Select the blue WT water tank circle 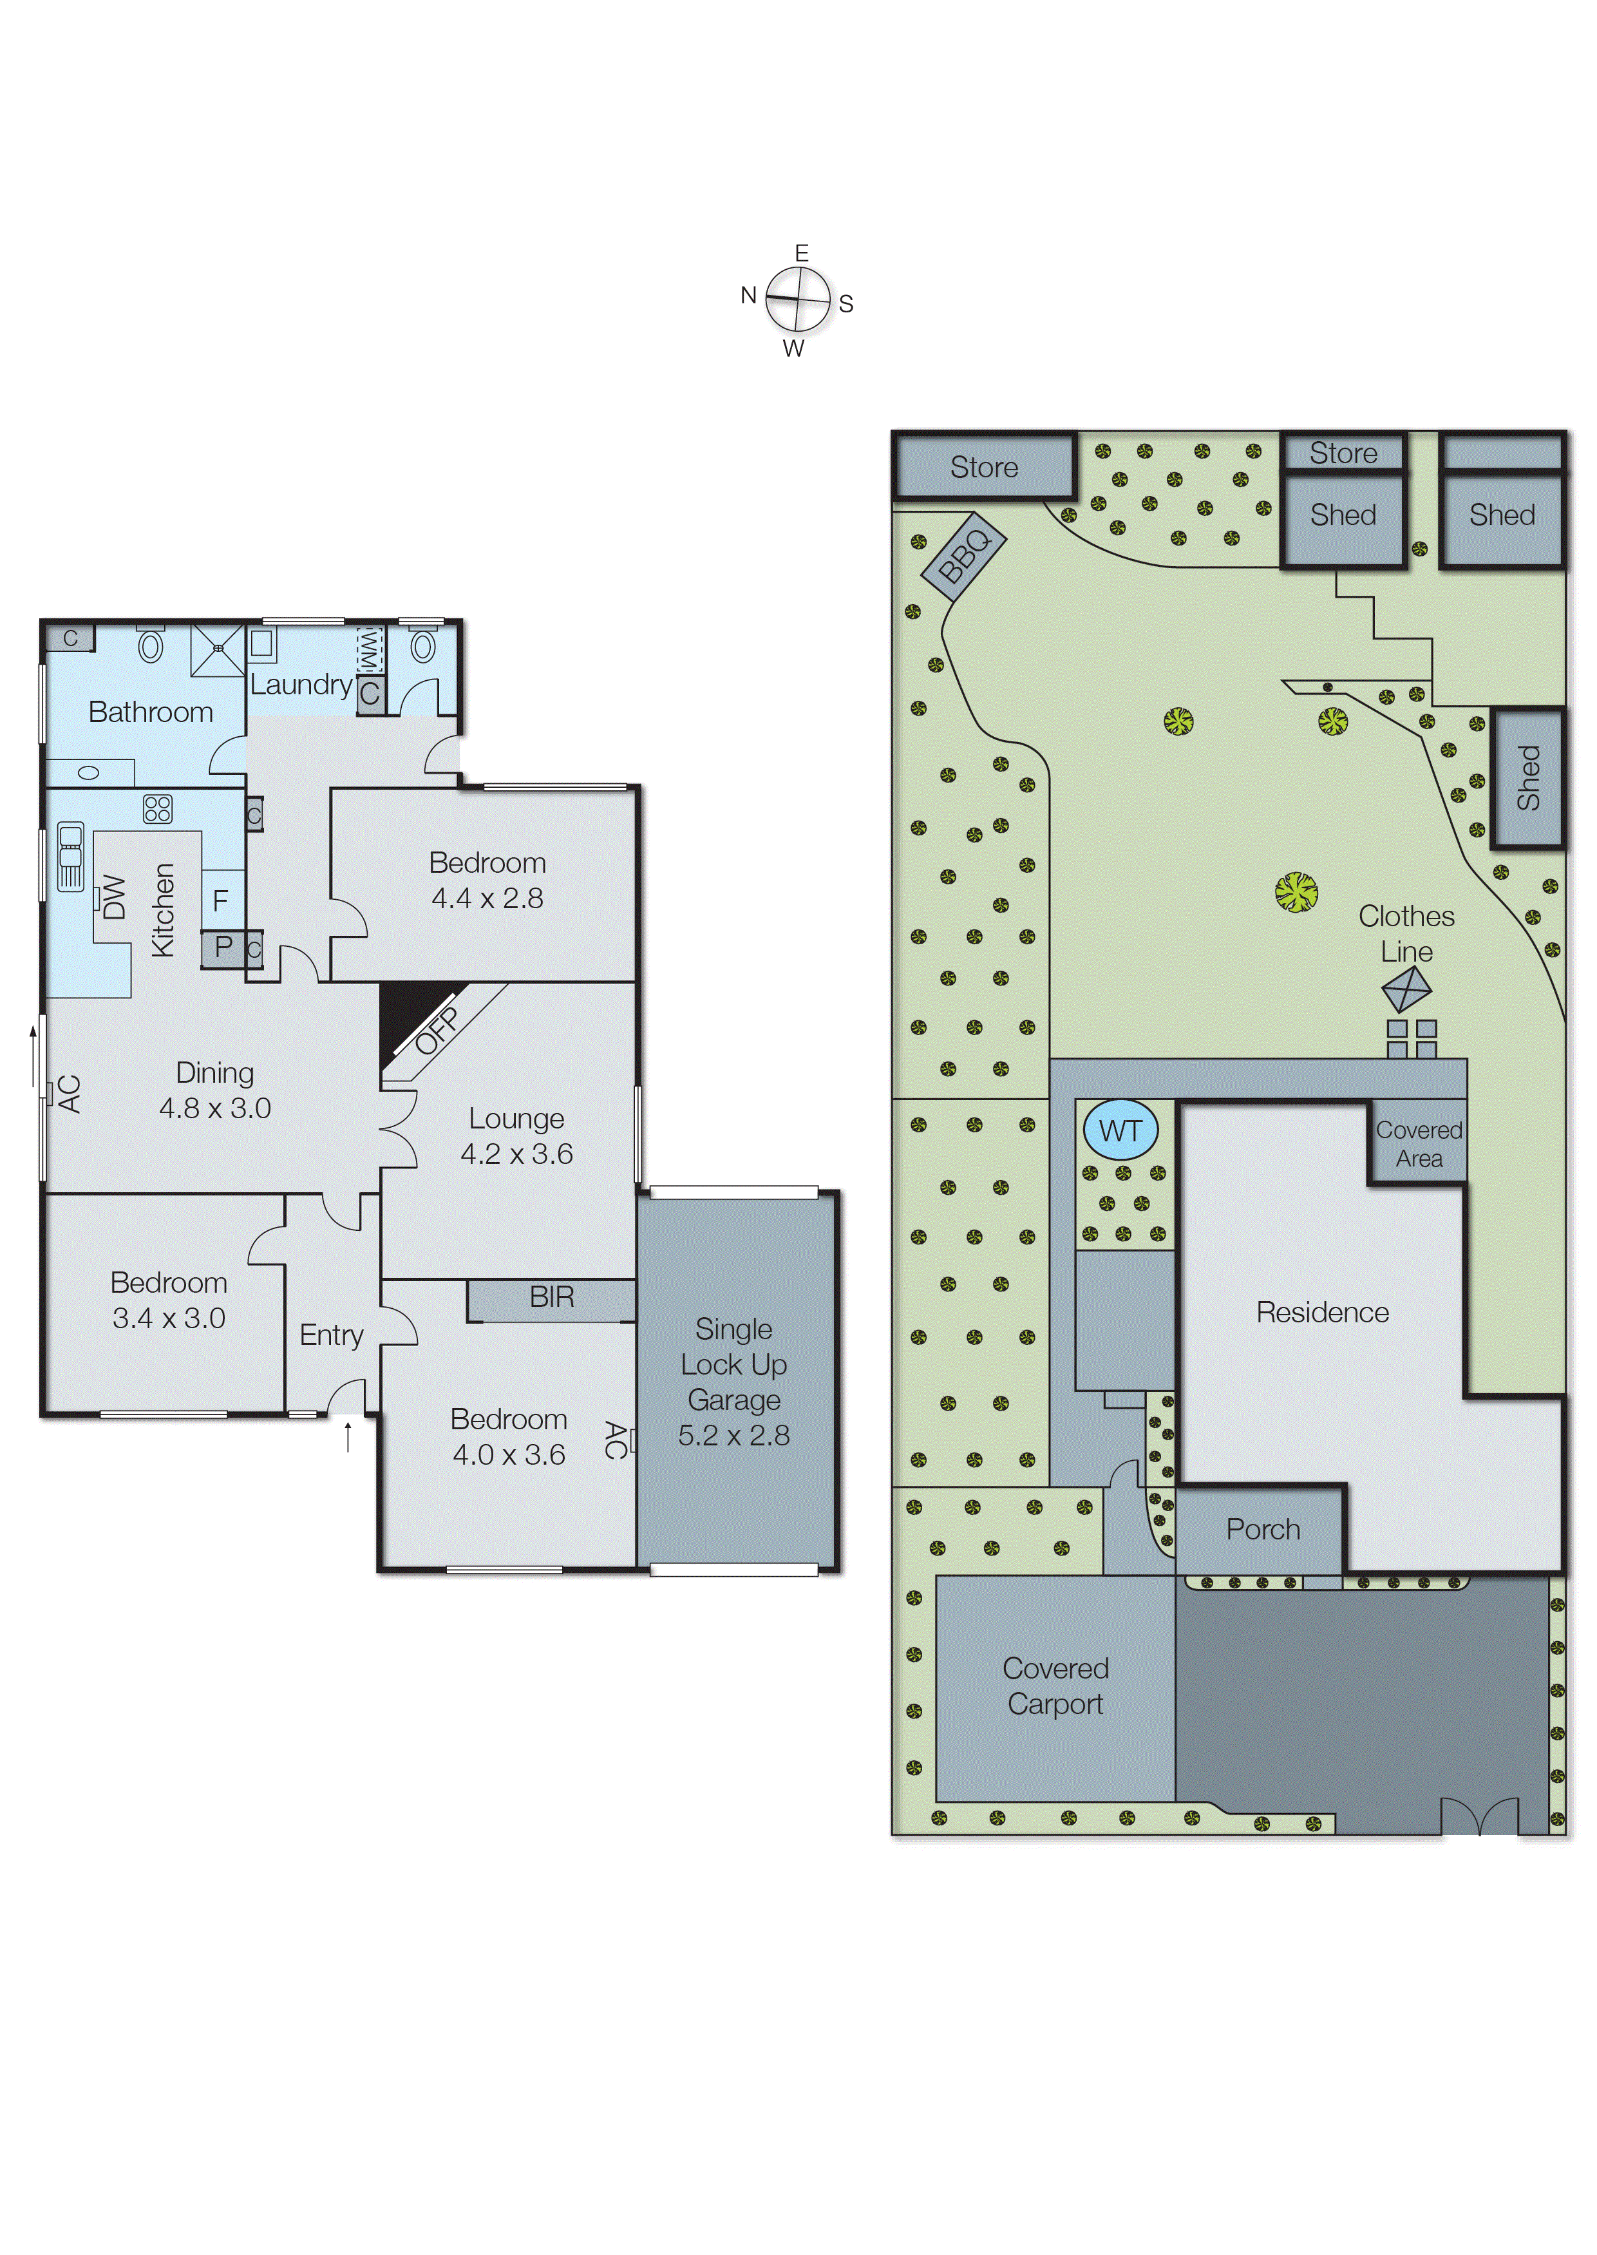(x=1120, y=1131)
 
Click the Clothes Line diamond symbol (x=1406, y=989)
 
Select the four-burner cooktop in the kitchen (x=157, y=808)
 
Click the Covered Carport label (x=1055, y=1686)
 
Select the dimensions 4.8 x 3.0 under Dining (x=214, y=1108)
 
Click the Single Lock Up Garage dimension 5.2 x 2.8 (x=733, y=1436)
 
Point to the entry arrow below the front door (x=347, y=1438)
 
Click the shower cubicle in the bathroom (x=217, y=649)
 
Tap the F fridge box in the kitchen (x=222, y=900)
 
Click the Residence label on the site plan (x=1323, y=1313)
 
